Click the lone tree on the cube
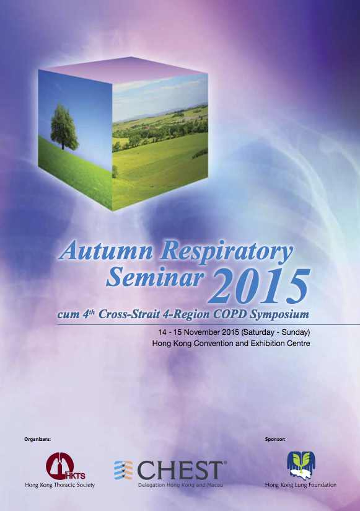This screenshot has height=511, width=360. (64, 127)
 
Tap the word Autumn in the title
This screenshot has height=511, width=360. (106, 251)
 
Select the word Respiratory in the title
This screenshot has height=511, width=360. (227, 252)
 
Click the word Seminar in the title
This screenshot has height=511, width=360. (155, 277)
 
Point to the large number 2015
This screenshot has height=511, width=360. (259, 287)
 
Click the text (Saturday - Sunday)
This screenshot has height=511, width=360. (275, 332)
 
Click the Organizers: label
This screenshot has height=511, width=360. (37, 439)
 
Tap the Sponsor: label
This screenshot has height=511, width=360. (275, 439)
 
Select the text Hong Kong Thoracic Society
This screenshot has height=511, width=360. (59, 485)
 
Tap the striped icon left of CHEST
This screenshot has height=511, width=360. (123, 470)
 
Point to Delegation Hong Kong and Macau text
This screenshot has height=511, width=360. (181, 485)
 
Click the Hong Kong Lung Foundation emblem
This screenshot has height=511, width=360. (301, 465)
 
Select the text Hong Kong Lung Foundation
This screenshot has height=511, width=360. (301, 485)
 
